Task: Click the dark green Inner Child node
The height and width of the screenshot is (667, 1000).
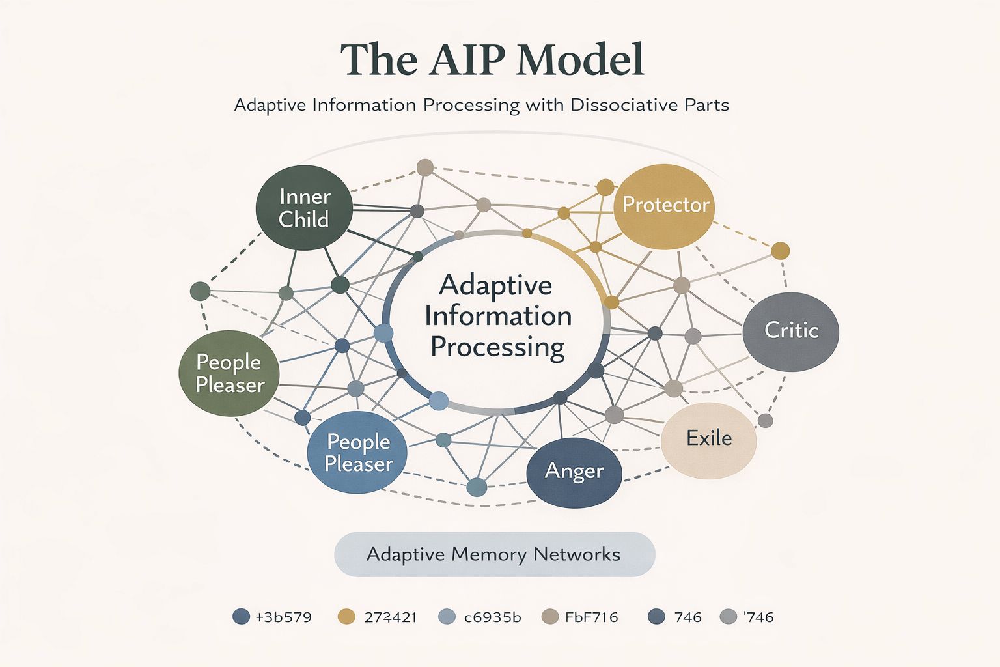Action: (x=304, y=208)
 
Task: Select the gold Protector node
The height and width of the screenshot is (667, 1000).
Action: (x=664, y=206)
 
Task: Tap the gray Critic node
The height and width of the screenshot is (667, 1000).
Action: (x=790, y=331)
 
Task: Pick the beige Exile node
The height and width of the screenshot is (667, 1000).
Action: (x=708, y=440)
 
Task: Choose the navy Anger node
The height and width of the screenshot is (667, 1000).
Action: (x=574, y=472)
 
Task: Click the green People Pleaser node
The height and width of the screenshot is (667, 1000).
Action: (x=229, y=373)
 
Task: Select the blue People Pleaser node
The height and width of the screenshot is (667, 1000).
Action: (x=357, y=453)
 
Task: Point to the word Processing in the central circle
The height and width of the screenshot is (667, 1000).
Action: (x=497, y=347)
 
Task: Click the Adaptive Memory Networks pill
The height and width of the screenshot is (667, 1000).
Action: (x=494, y=554)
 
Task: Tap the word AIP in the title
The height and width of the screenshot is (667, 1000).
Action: (x=467, y=60)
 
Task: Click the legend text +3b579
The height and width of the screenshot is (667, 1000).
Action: (x=283, y=617)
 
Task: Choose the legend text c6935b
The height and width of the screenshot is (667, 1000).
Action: (x=492, y=617)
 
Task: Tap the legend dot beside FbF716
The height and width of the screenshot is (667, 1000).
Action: (x=550, y=617)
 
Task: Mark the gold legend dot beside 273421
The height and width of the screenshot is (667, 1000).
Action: (x=347, y=617)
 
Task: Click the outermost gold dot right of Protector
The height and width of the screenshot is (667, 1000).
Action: (x=780, y=251)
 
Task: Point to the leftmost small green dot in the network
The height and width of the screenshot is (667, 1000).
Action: (x=200, y=291)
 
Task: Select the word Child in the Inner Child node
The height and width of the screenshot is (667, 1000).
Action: (x=303, y=220)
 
